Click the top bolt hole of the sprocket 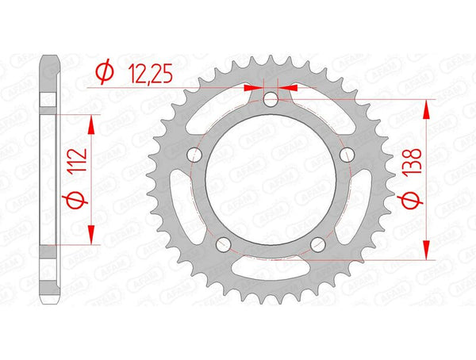tap(270, 100)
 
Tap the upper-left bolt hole tap(193, 155)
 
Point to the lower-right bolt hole tap(317, 243)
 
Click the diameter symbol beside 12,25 tap(102, 74)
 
